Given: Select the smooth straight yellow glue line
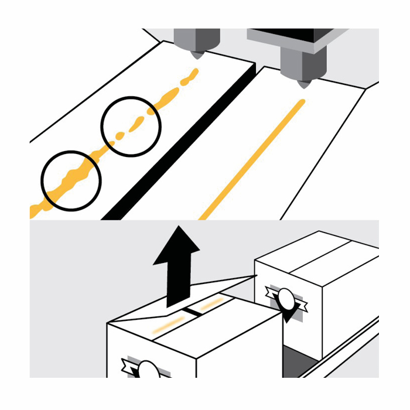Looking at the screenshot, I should coord(252,158).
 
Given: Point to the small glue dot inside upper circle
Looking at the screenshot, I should coord(119,136).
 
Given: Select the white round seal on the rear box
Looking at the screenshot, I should coord(286,299).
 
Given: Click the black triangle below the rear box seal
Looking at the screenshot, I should coord(287,316).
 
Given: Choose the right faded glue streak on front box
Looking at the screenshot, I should coord(211,303).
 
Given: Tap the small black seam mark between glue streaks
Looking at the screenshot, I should coord(190,313).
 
